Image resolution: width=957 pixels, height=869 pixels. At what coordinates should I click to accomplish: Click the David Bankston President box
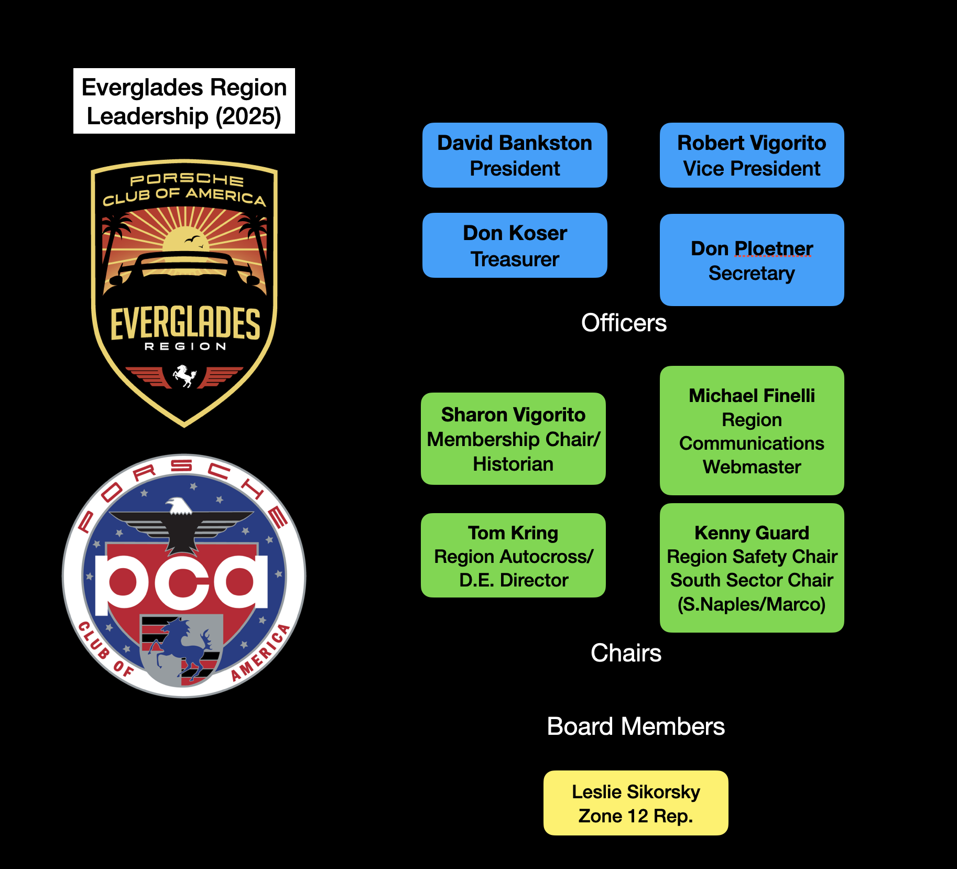pyautogui.click(x=515, y=155)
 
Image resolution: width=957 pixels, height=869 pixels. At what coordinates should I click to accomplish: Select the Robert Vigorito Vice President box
pyautogui.click(x=752, y=155)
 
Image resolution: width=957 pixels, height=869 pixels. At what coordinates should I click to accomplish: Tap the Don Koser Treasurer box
pyautogui.click(x=515, y=245)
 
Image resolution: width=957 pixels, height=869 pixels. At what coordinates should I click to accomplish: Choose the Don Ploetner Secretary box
pyautogui.click(x=752, y=260)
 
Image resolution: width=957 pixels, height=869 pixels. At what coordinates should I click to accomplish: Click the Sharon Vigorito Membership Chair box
pyautogui.click(x=513, y=439)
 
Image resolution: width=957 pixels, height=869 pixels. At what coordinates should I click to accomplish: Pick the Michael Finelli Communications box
pyautogui.click(x=752, y=430)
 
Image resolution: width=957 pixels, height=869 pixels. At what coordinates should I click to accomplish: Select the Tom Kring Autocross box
pyautogui.click(x=513, y=556)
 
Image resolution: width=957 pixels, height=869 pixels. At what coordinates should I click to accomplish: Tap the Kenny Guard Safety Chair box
pyautogui.click(x=752, y=568)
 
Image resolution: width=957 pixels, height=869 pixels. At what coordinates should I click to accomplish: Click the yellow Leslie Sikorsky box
pyautogui.click(x=636, y=803)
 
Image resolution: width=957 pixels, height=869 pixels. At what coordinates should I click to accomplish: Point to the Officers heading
pyautogui.click(x=624, y=323)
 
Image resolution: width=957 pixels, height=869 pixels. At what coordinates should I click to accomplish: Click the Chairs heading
pyautogui.click(x=626, y=653)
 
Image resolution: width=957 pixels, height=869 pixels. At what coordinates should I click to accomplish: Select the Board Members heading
pyautogui.click(x=636, y=726)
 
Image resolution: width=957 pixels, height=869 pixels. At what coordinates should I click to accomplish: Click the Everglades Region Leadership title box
pyautogui.click(x=184, y=101)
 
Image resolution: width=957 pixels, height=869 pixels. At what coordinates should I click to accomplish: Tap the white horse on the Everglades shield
pyautogui.click(x=184, y=375)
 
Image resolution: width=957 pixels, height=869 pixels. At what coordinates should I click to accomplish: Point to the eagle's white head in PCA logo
pyautogui.click(x=178, y=506)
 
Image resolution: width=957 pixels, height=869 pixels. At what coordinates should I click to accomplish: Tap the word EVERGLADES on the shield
pyautogui.click(x=185, y=323)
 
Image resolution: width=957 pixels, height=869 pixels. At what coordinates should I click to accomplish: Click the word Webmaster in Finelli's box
pyautogui.click(x=752, y=467)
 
